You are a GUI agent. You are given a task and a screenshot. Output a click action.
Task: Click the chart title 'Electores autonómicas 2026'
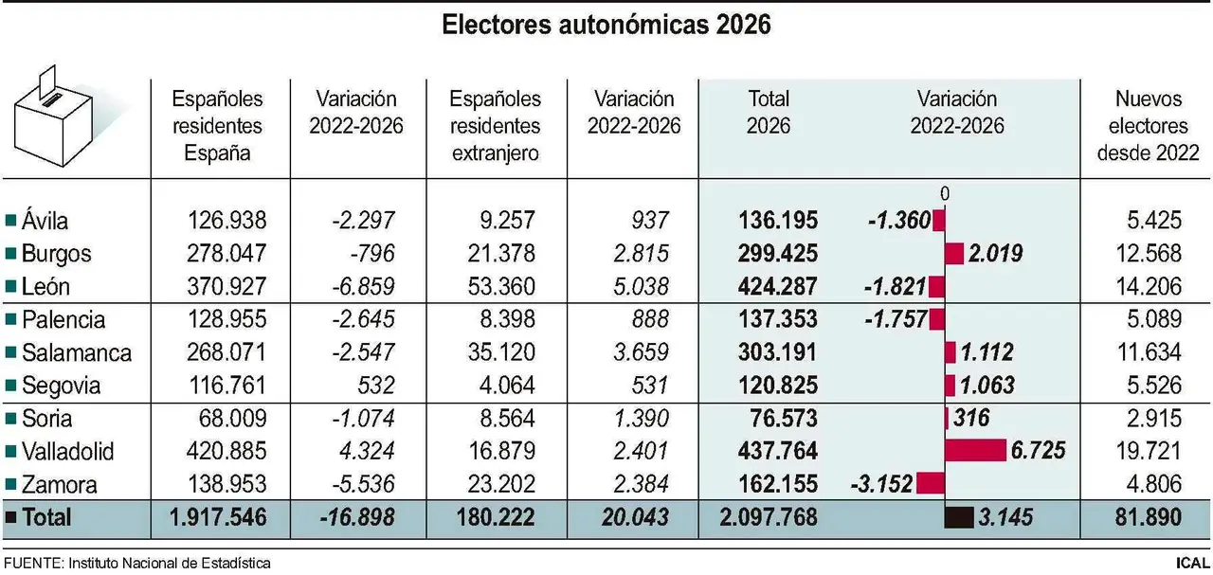pyautogui.click(x=606, y=26)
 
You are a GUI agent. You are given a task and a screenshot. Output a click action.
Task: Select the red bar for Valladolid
pyautogui.click(x=975, y=451)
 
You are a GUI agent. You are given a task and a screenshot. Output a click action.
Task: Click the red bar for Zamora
pyautogui.click(x=931, y=484)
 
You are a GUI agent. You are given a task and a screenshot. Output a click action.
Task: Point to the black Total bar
pyautogui.click(x=959, y=518)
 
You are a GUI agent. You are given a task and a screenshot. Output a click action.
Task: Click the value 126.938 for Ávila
pyautogui.click(x=227, y=221)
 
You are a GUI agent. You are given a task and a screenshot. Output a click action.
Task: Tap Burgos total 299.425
pyautogui.click(x=777, y=254)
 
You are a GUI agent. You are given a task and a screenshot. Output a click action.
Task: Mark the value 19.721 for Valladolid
pyautogui.click(x=1150, y=451)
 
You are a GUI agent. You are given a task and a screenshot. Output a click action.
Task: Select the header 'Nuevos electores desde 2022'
pyautogui.click(x=1150, y=126)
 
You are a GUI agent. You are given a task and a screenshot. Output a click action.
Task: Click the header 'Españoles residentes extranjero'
pyautogui.click(x=496, y=126)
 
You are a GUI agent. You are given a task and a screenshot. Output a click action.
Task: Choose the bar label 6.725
pyautogui.click(x=1038, y=451)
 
